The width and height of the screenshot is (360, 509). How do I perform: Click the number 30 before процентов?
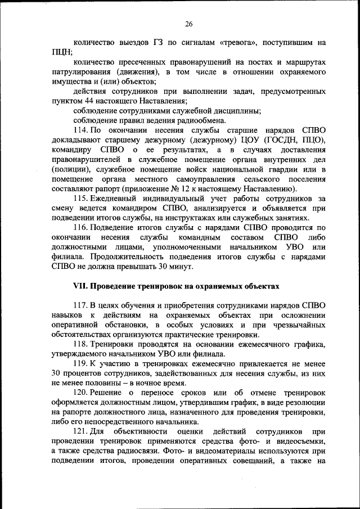55,373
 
